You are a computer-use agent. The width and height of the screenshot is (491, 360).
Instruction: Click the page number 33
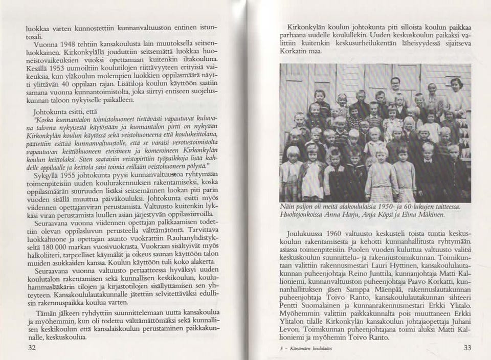point(466,348)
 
